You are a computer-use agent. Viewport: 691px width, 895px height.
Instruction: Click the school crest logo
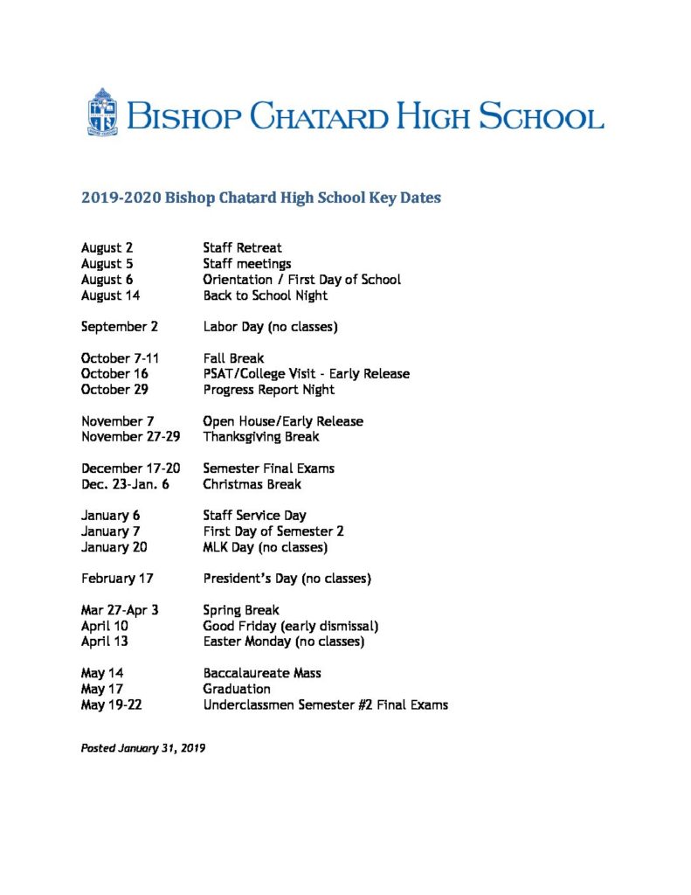[102, 113]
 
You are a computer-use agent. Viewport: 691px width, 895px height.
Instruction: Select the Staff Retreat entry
[242, 248]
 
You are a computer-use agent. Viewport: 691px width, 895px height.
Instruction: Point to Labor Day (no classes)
[270, 327]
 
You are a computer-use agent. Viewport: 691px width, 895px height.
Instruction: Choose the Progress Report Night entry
[268, 390]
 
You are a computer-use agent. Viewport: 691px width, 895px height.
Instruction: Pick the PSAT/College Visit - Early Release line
[306, 374]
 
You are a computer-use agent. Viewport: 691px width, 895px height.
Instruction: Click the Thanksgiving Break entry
[260, 437]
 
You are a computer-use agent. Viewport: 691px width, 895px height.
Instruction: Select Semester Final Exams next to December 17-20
[268, 468]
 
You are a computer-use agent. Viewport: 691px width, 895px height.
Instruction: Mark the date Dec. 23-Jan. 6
[125, 484]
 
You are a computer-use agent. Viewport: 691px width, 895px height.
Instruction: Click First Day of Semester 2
[271, 531]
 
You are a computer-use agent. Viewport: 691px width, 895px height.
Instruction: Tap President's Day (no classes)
[287, 579]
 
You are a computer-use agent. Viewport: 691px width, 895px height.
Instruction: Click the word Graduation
[236, 689]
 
